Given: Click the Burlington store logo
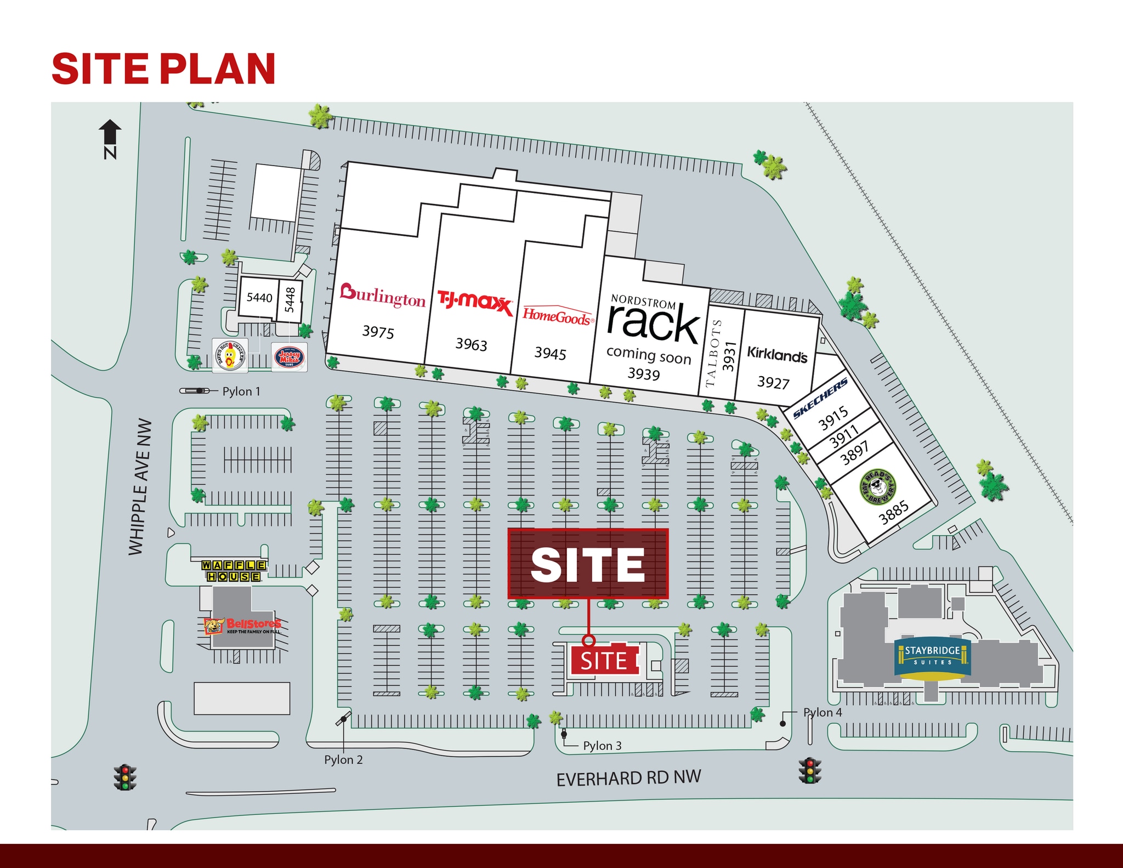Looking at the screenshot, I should coord(382,296).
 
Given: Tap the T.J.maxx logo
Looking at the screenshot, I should coord(475,303).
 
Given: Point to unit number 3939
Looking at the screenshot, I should coord(644,374).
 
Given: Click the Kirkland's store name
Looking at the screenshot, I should coord(777,355).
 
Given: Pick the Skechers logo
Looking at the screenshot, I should coord(820,398).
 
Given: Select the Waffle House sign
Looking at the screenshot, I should coord(234,571).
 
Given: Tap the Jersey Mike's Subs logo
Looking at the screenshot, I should coord(289,357).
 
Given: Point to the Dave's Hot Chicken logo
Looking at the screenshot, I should coord(230,355).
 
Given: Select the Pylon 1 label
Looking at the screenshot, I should coord(241,392).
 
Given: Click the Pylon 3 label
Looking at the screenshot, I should coord(602,746).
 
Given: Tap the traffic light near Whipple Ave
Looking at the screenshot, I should coord(125,777).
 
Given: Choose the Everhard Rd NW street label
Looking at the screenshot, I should coord(628,778).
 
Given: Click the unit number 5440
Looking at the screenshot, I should coord(259,298).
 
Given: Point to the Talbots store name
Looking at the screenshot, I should coord(713,354).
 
